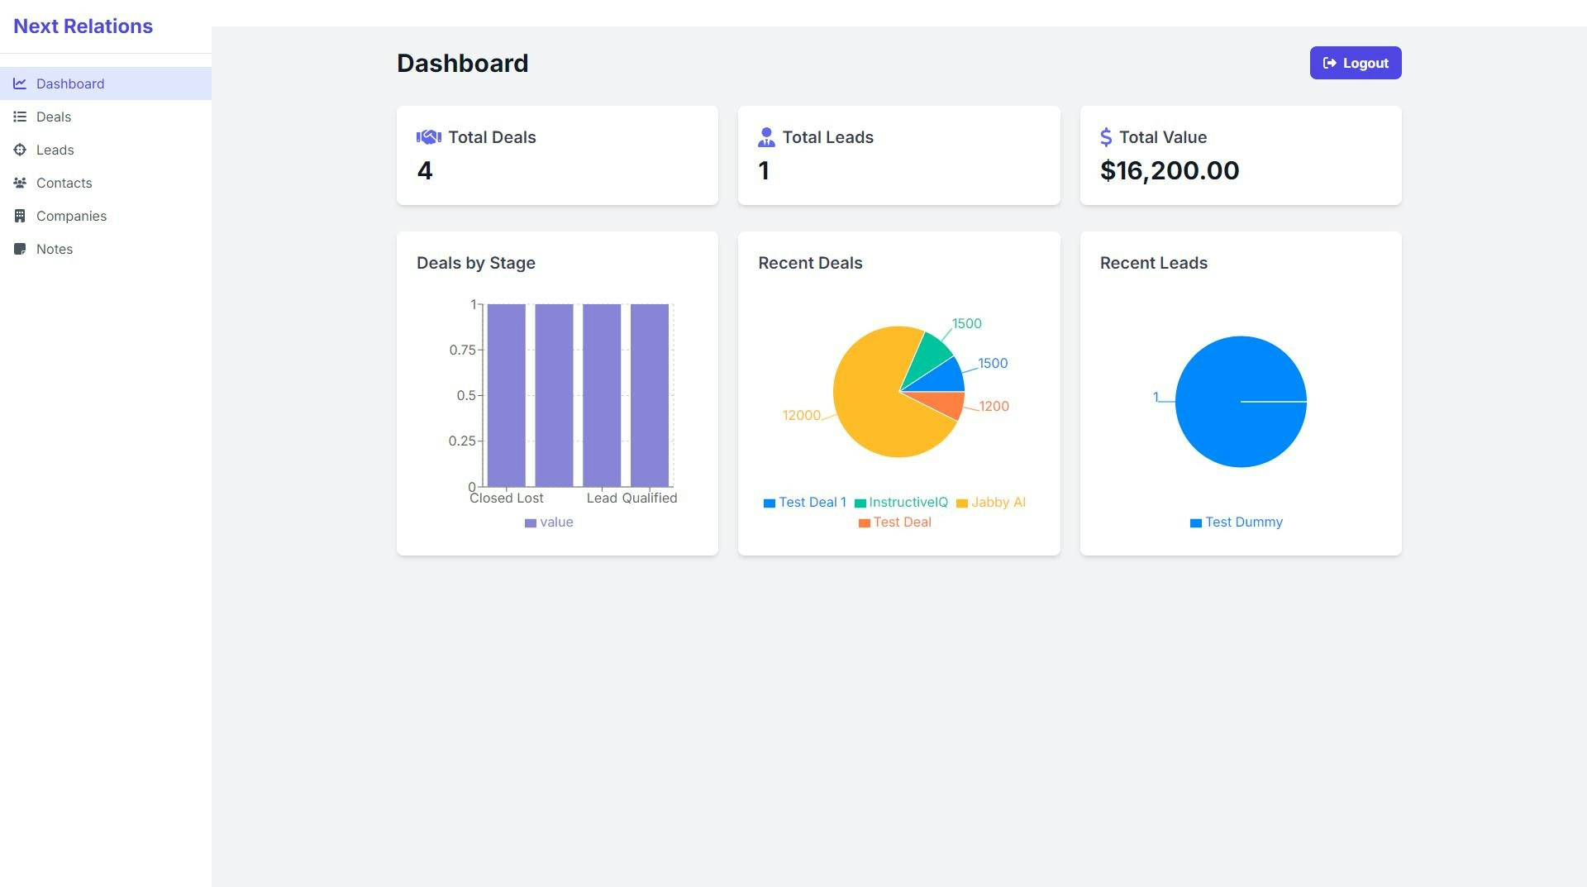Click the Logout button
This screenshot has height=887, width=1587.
1355,63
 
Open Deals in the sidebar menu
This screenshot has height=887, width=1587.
54,117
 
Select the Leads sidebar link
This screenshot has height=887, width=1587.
55,150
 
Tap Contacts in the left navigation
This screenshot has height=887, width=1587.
64,183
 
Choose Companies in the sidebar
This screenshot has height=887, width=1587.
71,216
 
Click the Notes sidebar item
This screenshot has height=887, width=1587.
55,249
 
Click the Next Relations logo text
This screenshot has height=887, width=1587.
83,26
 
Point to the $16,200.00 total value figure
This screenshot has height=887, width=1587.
1169,170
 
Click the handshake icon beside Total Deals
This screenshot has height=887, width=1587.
428,137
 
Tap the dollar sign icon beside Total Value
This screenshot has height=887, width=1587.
1105,137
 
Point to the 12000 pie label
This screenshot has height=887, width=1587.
801,415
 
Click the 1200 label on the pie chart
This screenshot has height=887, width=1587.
994,406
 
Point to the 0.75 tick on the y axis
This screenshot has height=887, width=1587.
462,350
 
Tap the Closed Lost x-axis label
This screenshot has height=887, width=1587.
506,498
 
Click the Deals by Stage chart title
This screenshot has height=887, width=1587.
475,263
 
